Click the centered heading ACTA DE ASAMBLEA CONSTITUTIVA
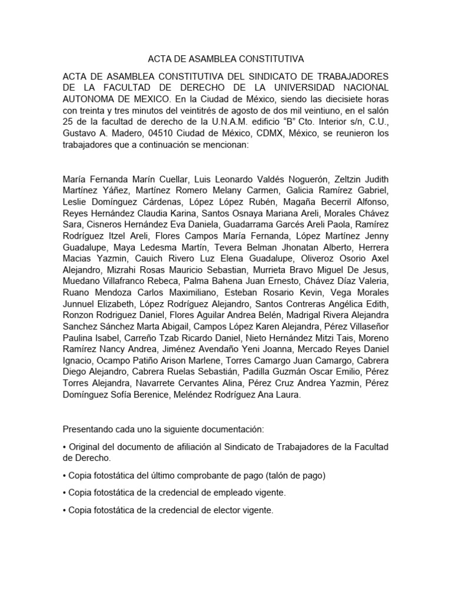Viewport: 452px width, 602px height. [225, 59]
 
